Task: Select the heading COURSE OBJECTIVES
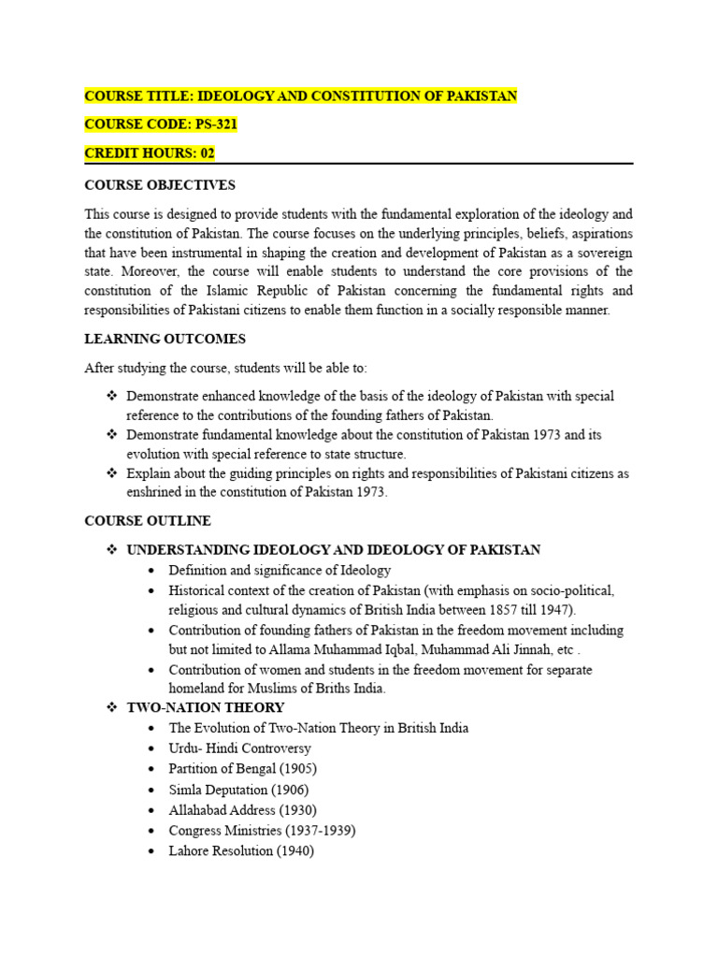(160, 185)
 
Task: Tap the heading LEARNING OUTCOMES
(165, 339)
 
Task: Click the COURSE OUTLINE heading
(148, 521)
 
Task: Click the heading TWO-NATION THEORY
(205, 708)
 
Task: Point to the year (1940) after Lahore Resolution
(294, 851)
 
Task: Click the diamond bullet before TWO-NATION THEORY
(112, 708)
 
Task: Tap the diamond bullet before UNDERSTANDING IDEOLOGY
(112, 550)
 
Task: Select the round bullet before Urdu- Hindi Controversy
(152, 749)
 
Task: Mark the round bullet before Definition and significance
(152, 571)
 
